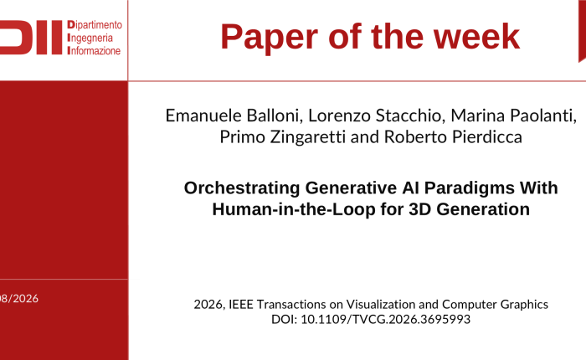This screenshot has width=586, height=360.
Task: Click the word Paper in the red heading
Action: (x=269, y=38)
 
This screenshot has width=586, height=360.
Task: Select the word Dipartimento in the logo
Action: (x=95, y=25)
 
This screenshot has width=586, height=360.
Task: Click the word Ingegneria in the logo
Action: (x=90, y=39)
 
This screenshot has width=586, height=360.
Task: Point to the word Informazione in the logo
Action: (x=94, y=50)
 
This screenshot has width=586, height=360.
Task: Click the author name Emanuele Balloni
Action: (x=232, y=116)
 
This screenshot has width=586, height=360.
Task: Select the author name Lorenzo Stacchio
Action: (x=374, y=116)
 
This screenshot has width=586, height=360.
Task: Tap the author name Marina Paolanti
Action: (x=512, y=116)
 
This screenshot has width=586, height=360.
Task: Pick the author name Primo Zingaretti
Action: (x=283, y=137)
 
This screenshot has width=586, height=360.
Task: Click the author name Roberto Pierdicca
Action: (x=453, y=136)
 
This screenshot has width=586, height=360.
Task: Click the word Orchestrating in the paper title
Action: (x=242, y=188)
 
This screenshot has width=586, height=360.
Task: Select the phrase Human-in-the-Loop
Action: (x=294, y=209)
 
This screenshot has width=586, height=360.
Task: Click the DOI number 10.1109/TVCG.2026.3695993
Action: (x=386, y=319)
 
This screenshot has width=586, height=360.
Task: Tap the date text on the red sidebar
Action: (x=19, y=299)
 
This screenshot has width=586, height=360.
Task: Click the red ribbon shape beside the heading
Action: (x=583, y=30)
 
